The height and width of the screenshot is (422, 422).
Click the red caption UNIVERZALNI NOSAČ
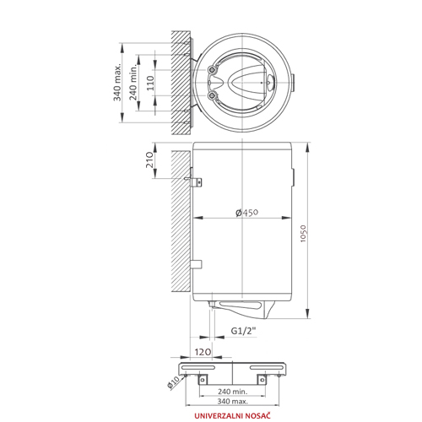(232, 415)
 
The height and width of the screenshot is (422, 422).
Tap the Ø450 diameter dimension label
(246, 213)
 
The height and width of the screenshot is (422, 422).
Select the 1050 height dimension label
(303, 234)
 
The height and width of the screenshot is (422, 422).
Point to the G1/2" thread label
(244, 331)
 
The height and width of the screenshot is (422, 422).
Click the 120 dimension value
(203, 352)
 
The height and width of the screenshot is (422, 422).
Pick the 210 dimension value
(149, 160)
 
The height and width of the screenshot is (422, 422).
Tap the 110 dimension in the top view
(150, 83)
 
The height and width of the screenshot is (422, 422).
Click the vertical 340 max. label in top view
(117, 82)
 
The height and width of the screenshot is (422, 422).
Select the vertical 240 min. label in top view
(133, 82)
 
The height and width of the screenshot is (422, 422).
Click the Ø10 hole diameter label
(173, 382)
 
